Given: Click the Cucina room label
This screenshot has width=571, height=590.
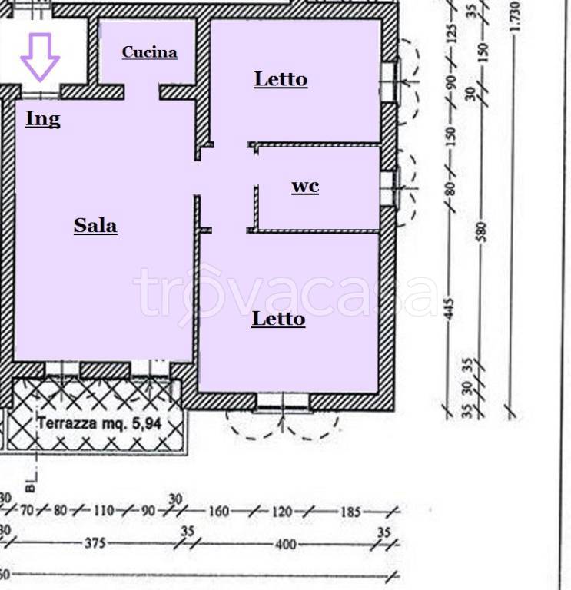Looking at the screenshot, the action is (x=149, y=52).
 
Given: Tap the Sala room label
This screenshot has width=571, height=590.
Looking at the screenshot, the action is (x=95, y=226).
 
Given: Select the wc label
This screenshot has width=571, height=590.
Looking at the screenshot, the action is (x=305, y=187).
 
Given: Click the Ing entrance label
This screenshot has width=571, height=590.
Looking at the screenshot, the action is (x=43, y=119).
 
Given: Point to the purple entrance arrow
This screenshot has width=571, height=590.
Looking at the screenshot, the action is (x=40, y=57).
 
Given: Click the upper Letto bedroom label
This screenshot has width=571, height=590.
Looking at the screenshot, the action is (x=281, y=79).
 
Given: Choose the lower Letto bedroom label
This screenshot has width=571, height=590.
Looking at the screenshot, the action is (x=278, y=319).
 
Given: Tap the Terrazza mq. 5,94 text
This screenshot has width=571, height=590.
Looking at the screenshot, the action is (x=99, y=424).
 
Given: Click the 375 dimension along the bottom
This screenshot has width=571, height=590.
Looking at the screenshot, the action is (x=95, y=543).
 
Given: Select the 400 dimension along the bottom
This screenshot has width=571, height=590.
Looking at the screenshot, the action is (x=286, y=544).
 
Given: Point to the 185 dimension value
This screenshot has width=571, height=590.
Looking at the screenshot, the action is (x=350, y=512).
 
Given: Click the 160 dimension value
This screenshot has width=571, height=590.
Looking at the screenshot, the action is (x=219, y=512).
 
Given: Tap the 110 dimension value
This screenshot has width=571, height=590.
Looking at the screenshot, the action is (x=104, y=511).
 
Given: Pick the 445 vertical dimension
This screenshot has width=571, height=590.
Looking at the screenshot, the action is (x=450, y=309).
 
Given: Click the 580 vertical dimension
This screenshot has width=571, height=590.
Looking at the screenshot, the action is (x=481, y=232).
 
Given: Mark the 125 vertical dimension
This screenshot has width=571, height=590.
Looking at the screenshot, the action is (x=452, y=34).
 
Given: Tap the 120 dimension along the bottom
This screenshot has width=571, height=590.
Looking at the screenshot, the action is (x=282, y=512).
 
